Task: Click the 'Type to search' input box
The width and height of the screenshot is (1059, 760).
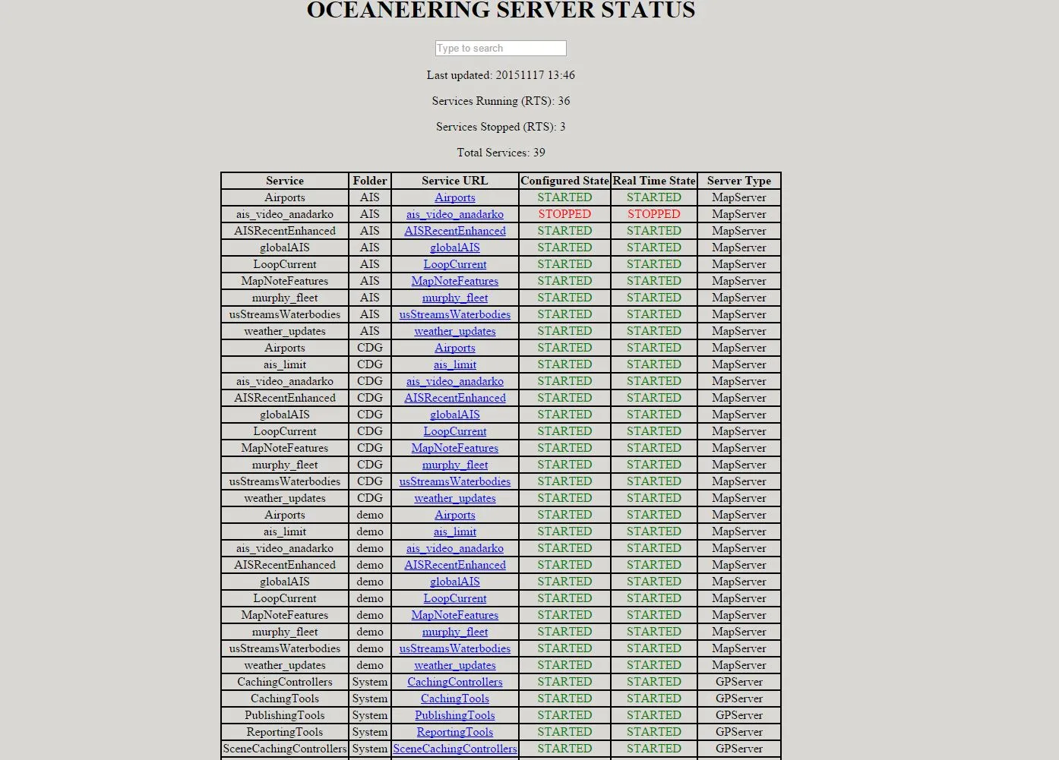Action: [x=501, y=49]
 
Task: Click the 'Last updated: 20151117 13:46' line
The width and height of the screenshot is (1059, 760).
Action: [x=501, y=75]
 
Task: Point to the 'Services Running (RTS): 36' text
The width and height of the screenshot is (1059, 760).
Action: [x=501, y=101]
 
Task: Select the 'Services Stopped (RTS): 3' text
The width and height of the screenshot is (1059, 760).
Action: [x=501, y=127]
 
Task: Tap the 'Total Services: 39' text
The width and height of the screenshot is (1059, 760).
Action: [x=501, y=153]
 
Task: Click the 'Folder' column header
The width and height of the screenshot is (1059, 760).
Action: [x=370, y=181]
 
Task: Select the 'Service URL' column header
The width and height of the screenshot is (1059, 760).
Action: [x=455, y=181]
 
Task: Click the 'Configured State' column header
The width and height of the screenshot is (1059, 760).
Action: [x=564, y=181]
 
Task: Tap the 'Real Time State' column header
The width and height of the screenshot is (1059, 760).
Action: [x=654, y=181]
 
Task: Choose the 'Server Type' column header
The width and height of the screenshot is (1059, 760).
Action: [x=738, y=181]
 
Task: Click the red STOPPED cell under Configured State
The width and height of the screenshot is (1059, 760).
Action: [x=564, y=214]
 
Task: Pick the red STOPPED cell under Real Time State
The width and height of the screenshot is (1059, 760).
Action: [x=654, y=214]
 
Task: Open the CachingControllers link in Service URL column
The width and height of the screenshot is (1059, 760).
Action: [x=455, y=682]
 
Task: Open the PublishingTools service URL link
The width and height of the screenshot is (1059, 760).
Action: [x=455, y=715]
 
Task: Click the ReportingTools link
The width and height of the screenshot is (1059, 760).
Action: [x=455, y=732]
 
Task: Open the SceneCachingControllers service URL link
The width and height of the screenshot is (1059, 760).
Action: [x=455, y=749]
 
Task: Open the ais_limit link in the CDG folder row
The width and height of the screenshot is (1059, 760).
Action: [x=455, y=364]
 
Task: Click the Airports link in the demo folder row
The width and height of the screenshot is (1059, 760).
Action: [x=455, y=515]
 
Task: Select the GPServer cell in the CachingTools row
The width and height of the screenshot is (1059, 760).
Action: [x=738, y=699]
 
